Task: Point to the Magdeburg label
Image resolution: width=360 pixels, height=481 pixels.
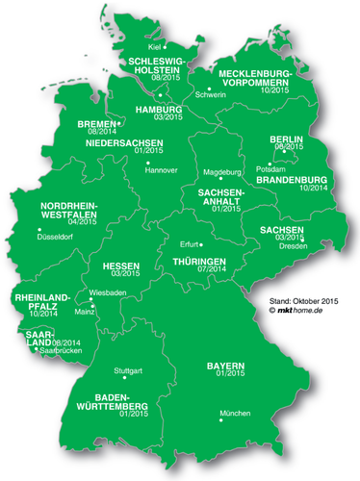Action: pos(222,171)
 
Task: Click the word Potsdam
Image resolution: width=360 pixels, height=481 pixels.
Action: pos(270,168)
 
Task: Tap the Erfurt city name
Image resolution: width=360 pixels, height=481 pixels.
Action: pos(190,244)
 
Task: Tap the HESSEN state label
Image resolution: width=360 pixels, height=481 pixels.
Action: pos(124,263)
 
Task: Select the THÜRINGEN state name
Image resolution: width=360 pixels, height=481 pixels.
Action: pos(199,262)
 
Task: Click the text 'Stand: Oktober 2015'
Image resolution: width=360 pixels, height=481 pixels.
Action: pos(305,300)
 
